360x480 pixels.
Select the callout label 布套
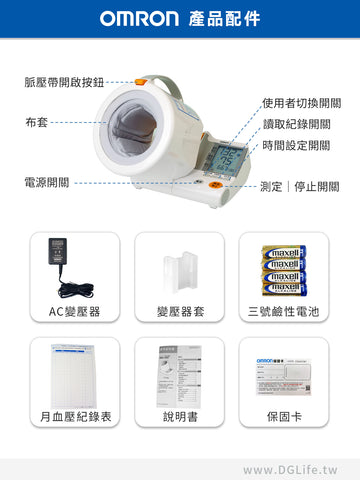coord(37,122)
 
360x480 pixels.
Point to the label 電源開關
coord(47,183)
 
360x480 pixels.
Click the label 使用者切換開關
coord(301,103)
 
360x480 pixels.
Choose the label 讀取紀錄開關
coord(296,124)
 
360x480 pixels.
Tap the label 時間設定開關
coord(296,145)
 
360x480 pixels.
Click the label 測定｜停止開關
coord(300,186)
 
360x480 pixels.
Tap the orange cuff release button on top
coord(141,83)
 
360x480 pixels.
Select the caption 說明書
coord(180,415)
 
